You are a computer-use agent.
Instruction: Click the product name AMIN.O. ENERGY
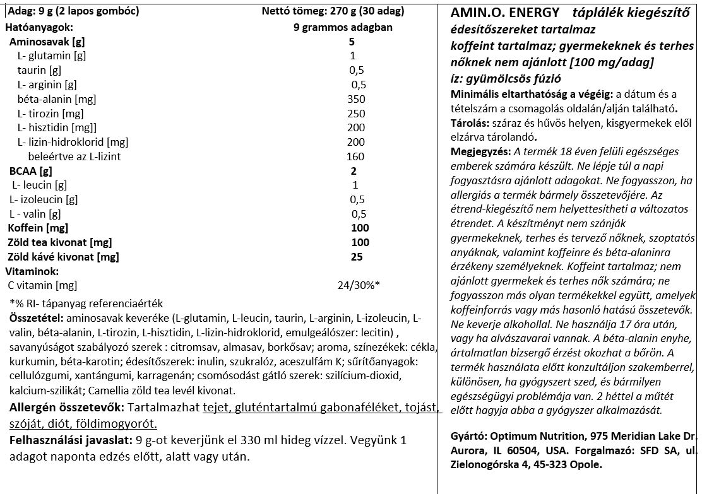pyautogui.click(x=505, y=13)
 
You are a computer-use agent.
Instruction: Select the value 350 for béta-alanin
pyautogui.click(x=356, y=99)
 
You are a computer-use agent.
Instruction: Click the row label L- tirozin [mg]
pyautogui.click(x=51, y=114)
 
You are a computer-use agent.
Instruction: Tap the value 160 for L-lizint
pyautogui.click(x=356, y=156)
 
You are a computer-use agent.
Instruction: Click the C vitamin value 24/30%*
pyautogui.click(x=359, y=285)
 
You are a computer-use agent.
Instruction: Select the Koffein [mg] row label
pyautogui.click(x=39, y=228)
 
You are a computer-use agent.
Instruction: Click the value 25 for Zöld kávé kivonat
pyautogui.click(x=357, y=257)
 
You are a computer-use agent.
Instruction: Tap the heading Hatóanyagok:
pyautogui.click(x=39, y=27)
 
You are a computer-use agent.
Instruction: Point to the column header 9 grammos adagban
pyautogui.click(x=343, y=27)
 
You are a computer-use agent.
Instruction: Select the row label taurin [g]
pyautogui.click(x=40, y=70)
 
